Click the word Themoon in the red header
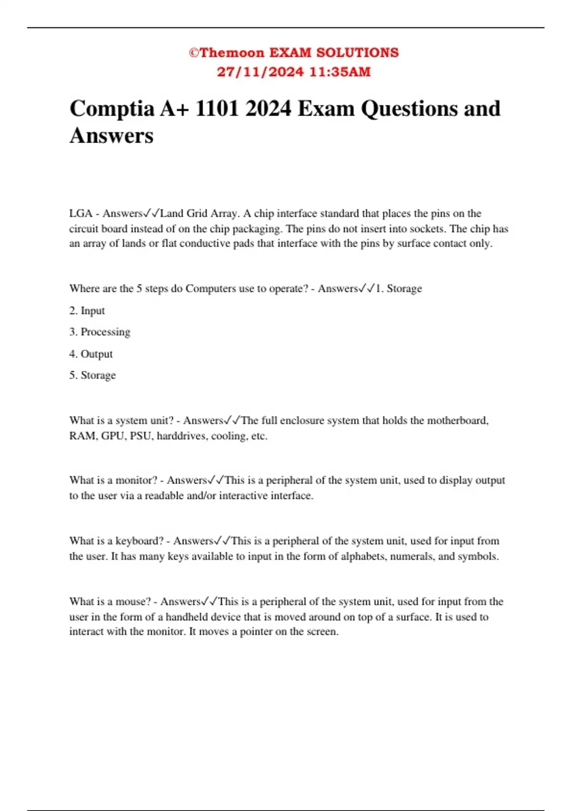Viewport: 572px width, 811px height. click(x=232, y=52)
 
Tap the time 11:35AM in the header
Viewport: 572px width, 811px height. click(x=340, y=72)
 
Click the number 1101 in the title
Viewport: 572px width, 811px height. click(x=217, y=109)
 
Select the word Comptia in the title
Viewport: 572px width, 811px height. click(x=112, y=109)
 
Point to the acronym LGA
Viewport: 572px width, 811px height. click(x=81, y=213)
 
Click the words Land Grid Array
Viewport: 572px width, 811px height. click(x=198, y=213)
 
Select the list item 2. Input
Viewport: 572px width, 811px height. click(x=87, y=311)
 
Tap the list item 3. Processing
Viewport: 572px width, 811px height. click(x=99, y=332)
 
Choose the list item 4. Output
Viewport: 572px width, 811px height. click(x=91, y=354)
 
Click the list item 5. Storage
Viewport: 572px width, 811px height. click(x=92, y=375)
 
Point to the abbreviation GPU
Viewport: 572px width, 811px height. click(x=112, y=436)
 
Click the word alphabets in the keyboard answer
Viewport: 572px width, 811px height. click(x=363, y=556)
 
